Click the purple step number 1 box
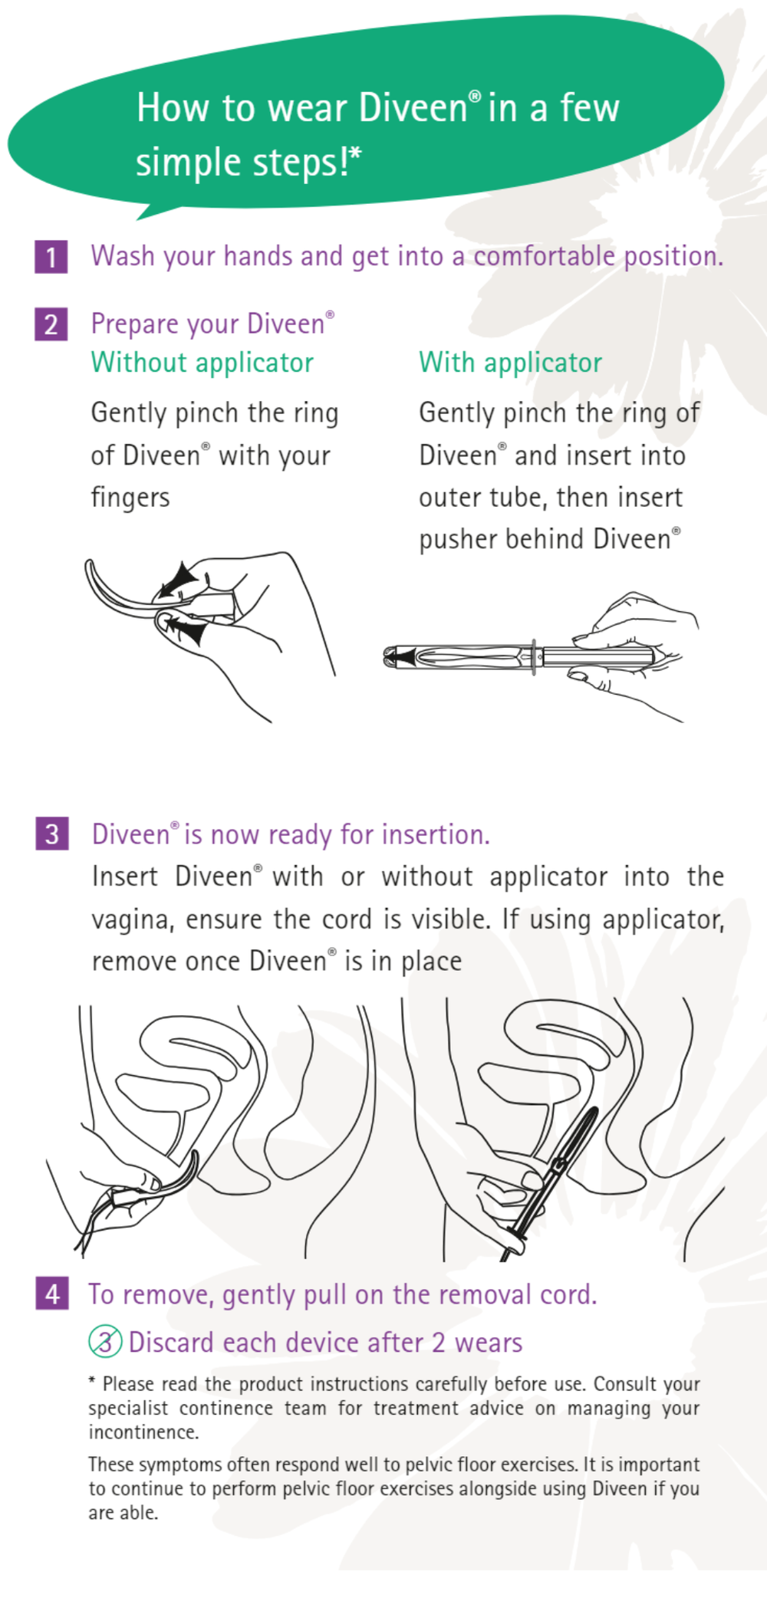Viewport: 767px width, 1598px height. (51, 257)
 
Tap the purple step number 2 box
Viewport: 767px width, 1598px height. (51, 324)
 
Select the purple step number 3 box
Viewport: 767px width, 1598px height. (52, 834)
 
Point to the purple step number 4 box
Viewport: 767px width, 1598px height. (52, 1294)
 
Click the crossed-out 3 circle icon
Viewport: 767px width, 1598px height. (105, 1341)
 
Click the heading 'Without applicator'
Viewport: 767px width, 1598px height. (202, 363)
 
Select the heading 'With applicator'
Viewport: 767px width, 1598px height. (510, 363)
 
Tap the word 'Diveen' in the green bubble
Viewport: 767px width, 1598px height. (413, 107)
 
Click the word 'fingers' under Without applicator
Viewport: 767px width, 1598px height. (130, 498)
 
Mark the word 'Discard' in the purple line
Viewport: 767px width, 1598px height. (171, 1343)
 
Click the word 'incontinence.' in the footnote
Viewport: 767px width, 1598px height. (143, 1432)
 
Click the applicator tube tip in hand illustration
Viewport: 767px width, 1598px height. (393, 656)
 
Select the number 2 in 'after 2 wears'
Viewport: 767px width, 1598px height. (438, 1343)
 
